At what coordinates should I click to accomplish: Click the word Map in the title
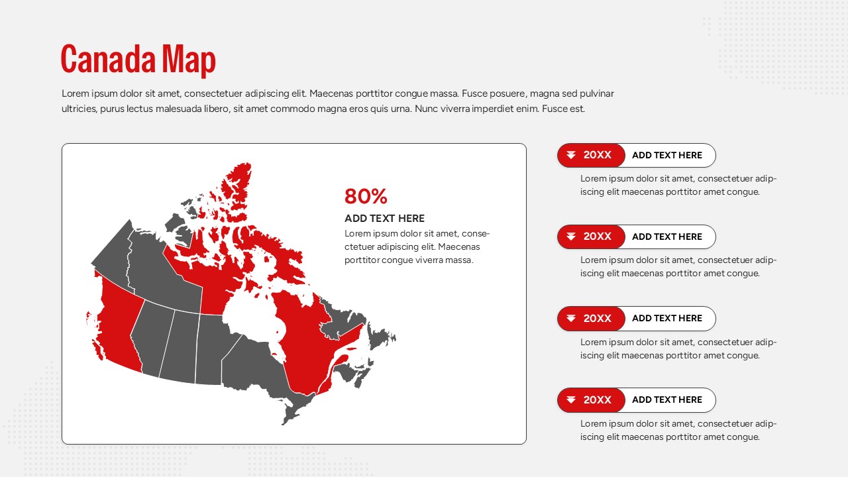tap(189, 60)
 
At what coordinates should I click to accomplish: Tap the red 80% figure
tap(366, 196)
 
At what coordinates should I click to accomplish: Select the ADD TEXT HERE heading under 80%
tap(384, 219)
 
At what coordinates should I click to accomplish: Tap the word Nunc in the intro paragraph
tap(426, 109)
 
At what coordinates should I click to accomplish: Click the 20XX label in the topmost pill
tap(597, 155)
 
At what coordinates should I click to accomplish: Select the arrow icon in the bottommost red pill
tap(571, 400)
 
